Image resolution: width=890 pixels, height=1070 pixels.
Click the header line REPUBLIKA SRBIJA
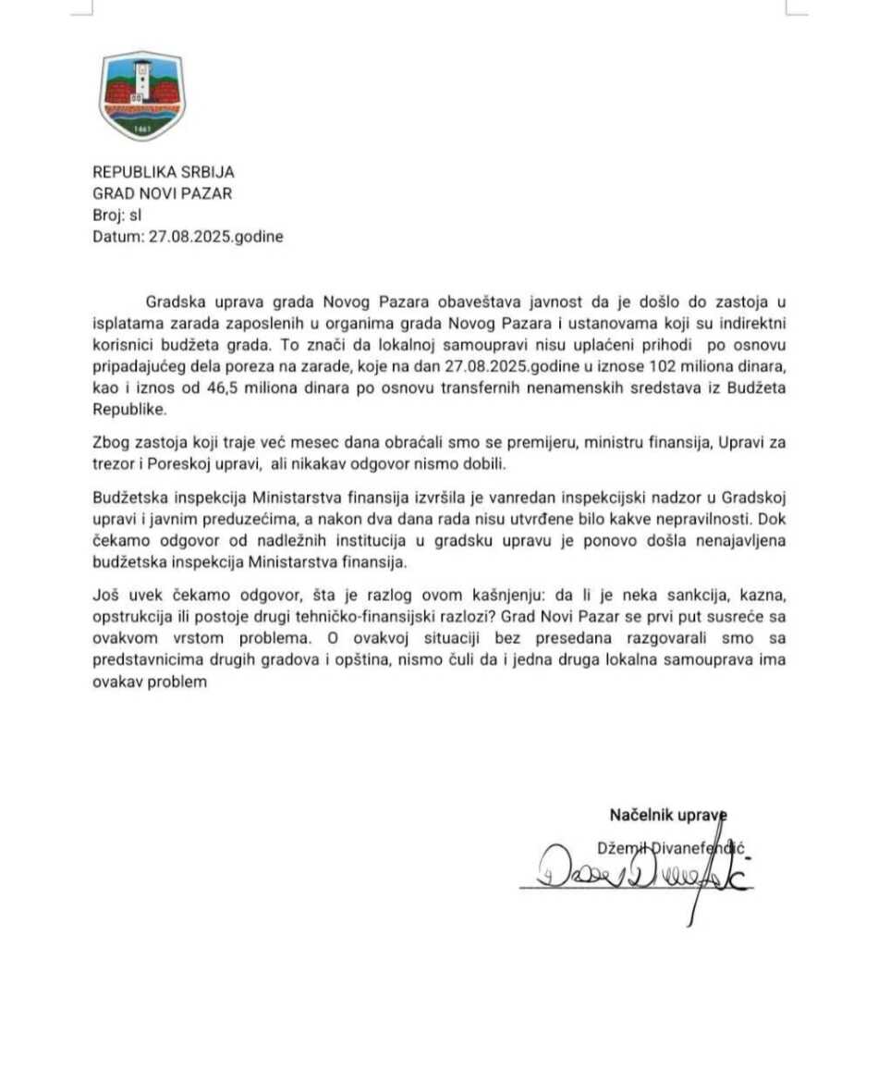(x=164, y=172)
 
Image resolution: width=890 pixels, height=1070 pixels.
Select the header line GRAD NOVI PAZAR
(x=162, y=193)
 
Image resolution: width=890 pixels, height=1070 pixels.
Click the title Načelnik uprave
(x=668, y=815)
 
